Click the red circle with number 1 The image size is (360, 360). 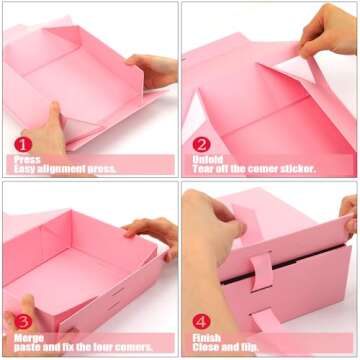23,144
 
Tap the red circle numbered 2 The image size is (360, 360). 201,144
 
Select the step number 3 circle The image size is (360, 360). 23,321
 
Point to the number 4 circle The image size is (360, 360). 201,321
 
